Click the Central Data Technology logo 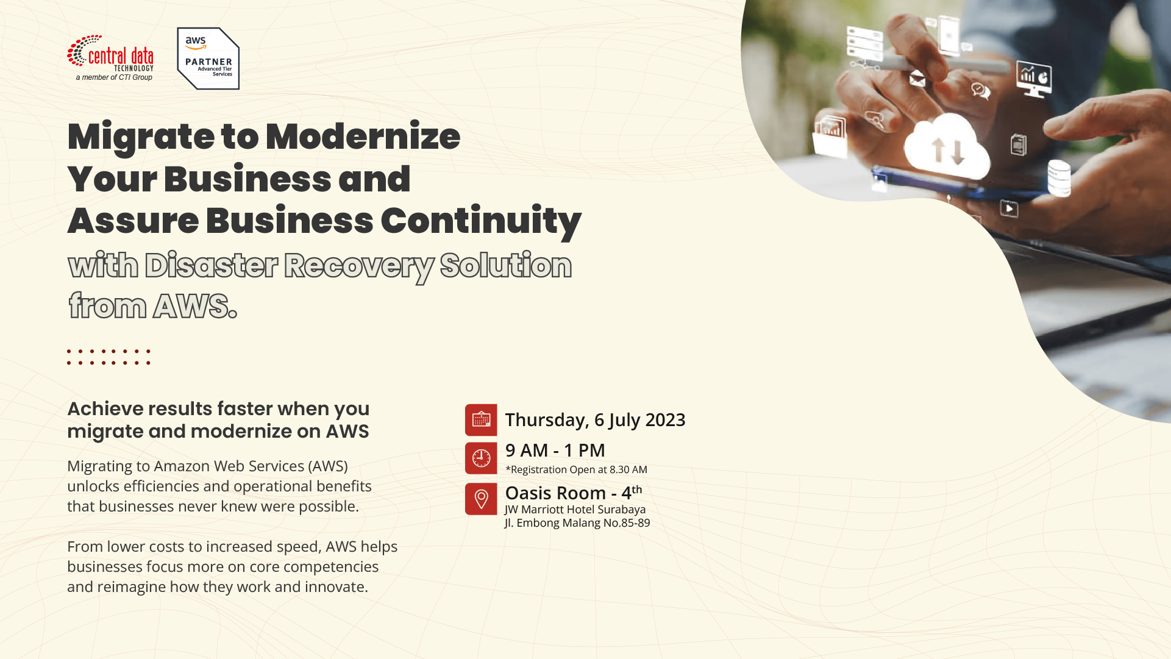(x=110, y=58)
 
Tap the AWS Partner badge (x=208, y=59)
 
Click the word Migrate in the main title (x=141, y=137)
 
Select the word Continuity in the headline (x=481, y=221)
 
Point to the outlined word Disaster (x=212, y=266)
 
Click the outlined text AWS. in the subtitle (x=195, y=306)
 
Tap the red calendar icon (x=481, y=420)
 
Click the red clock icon (x=481, y=458)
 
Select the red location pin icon (x=481, y=499)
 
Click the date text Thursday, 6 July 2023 (x=596, y=420)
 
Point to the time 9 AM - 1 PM (x=555, y=451)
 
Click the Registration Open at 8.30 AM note (x=577, y=469)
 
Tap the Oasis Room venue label (x=574, y=493)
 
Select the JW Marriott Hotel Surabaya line (x=575, y=510)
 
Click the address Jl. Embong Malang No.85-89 (x=577, y=523)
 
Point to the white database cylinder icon (x=1059, y=177)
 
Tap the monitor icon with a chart (x=1034, y=80)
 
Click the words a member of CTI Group (x=114, y=77)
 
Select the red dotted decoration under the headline (x=109, y=357)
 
